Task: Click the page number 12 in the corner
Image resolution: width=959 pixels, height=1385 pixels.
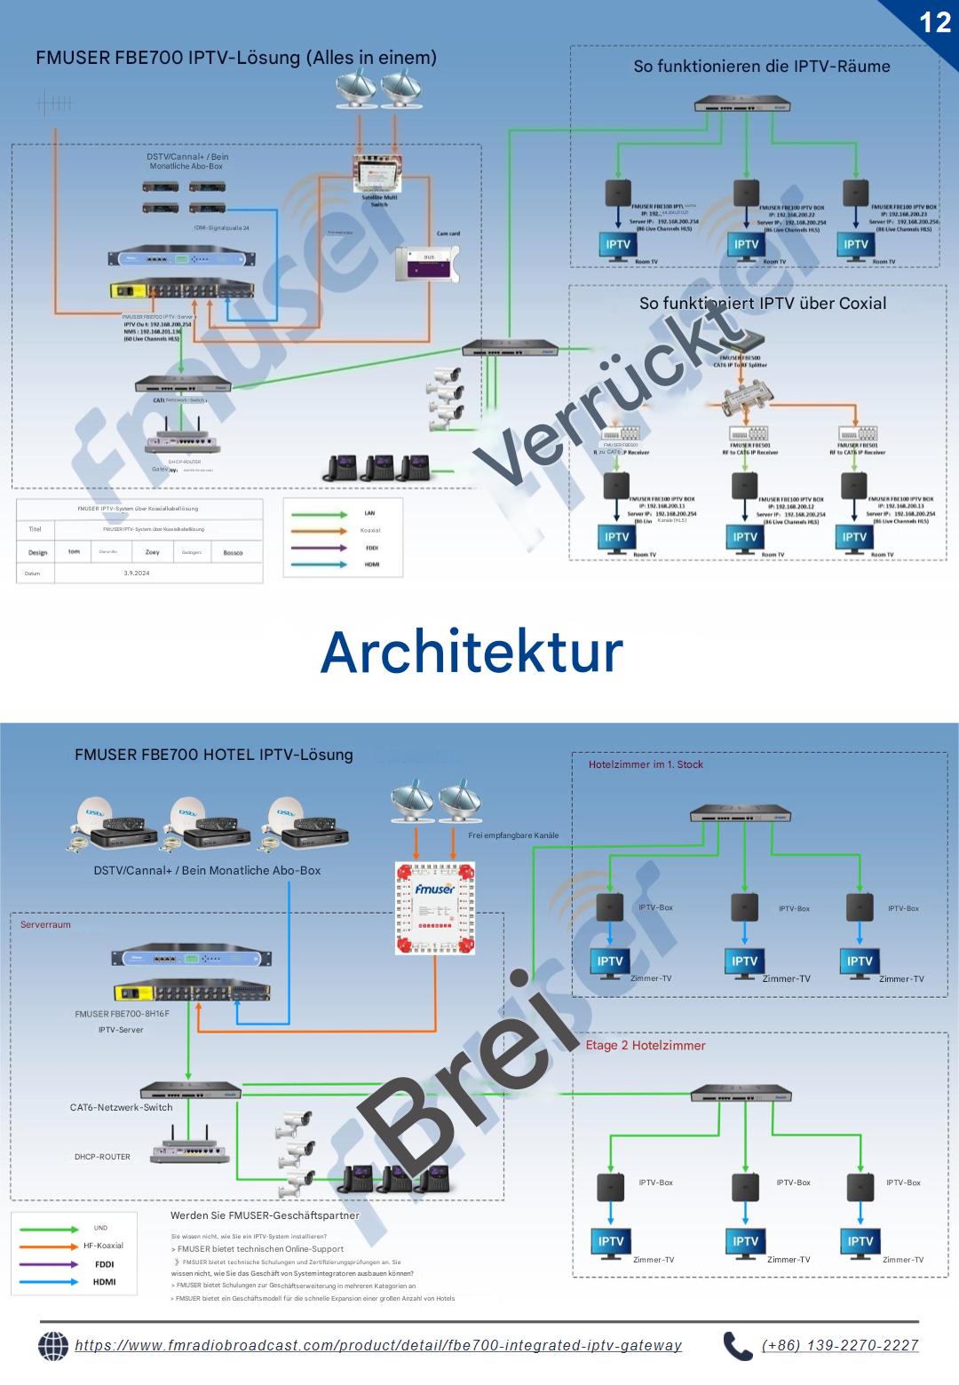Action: coord(935,21)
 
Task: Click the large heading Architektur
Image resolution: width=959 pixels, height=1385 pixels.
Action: coord(472,653)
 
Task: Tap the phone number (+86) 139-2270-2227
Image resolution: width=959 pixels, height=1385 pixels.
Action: coord(840,1345)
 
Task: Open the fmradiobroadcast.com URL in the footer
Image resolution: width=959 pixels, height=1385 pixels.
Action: coord(378,1345)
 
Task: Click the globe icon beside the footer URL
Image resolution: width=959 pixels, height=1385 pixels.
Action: coord(53,1346)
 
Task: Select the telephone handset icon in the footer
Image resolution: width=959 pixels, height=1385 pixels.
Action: coord(737,1346)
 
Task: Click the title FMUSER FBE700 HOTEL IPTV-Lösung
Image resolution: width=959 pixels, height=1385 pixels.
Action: coord(213,755)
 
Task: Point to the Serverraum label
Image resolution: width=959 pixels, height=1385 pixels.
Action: coord(45,924)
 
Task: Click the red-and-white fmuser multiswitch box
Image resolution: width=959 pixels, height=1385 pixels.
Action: coord(435,907)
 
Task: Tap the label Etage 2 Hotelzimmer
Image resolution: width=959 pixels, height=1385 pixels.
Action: coord(646,1045)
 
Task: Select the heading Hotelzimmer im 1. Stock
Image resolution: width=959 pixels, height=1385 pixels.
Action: coord(646,764)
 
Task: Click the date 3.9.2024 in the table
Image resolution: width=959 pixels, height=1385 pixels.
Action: coord(137,574)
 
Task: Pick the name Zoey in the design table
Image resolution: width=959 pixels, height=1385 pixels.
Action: coord(153,552)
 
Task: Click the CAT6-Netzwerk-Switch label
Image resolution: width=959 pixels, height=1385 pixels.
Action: coord(121,1107)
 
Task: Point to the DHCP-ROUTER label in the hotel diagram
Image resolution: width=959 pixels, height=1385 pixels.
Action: coord(102,1157)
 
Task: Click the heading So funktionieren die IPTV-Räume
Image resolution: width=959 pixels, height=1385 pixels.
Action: coord(761,66)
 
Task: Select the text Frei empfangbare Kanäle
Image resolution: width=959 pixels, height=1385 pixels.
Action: coord(513,835)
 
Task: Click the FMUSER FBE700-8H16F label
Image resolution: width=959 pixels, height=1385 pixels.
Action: coord(122,1013)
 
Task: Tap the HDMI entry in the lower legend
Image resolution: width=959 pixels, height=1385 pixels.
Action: coord(104,1282)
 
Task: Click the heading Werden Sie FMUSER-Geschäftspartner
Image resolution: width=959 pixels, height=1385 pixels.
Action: coord(265,1215)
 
